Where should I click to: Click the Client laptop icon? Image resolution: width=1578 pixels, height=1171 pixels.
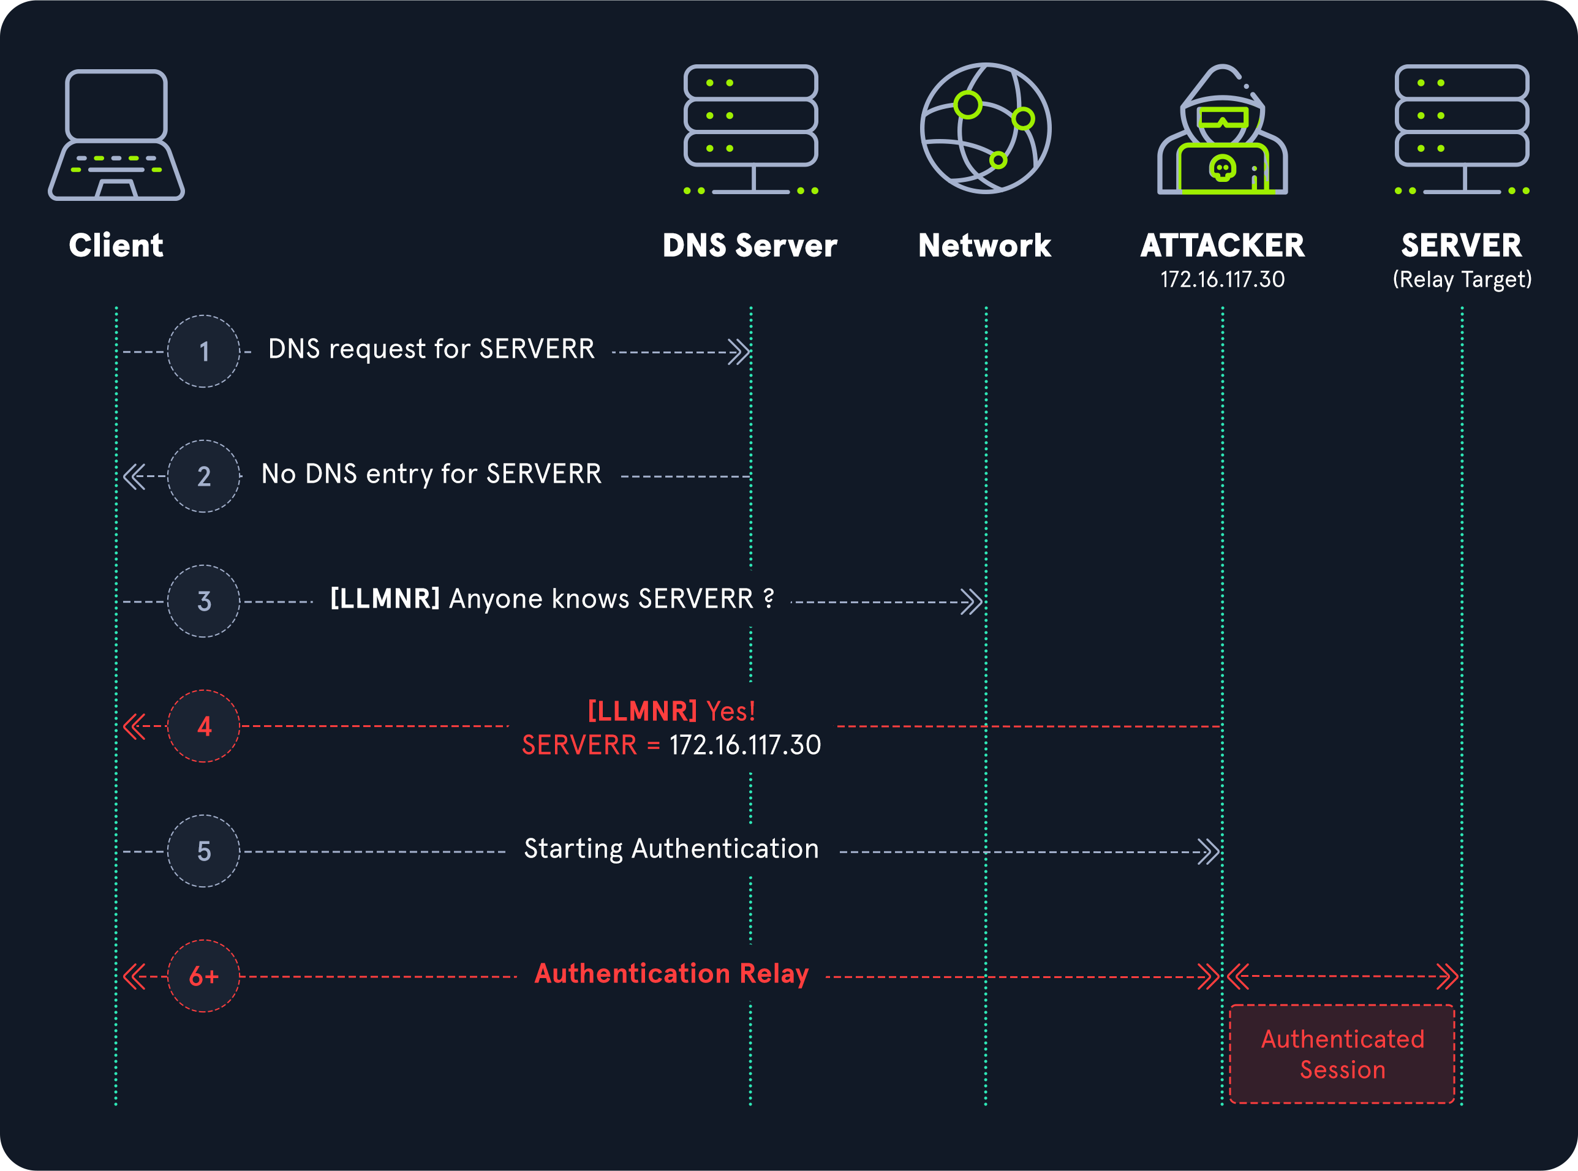click(x=116, y=135)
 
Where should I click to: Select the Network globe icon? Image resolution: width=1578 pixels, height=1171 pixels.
click(x=986, y=128)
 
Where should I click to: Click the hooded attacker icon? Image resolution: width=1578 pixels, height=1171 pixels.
click(x=1222, y=130)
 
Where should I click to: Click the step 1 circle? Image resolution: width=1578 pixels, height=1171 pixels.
click(x=203, y=352)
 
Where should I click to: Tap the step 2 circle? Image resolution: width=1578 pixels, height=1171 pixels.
click(x=203, y=476)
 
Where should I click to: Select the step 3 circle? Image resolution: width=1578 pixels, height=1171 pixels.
click(x=203, y=601)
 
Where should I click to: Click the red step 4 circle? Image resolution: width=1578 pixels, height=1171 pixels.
click(x=203, y=726)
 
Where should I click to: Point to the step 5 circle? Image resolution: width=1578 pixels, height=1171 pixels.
click(x=203, y=851)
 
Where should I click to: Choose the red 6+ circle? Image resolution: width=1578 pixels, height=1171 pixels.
click(x=203, y=976)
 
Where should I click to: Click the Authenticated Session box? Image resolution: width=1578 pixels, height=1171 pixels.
click(x=1342, y=1054)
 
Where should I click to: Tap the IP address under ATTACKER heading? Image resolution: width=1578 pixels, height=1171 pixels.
click(x=1222, y=279)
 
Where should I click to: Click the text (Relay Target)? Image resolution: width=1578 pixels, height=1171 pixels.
click(x=1462, y=279)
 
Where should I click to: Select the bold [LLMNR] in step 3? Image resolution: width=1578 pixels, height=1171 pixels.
click(x=385, y=599)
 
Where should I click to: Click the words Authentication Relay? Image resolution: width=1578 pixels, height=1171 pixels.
click(x=671, y=974)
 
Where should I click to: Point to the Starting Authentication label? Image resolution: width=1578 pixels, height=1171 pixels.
click(x=671, y=849)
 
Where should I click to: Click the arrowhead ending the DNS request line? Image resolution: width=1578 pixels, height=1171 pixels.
click(x=739, y=352)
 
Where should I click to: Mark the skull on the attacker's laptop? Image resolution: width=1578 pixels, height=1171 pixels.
click(x=1222, y=168)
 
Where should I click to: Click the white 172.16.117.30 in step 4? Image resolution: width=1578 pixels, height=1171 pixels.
click(x=745, y=745)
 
